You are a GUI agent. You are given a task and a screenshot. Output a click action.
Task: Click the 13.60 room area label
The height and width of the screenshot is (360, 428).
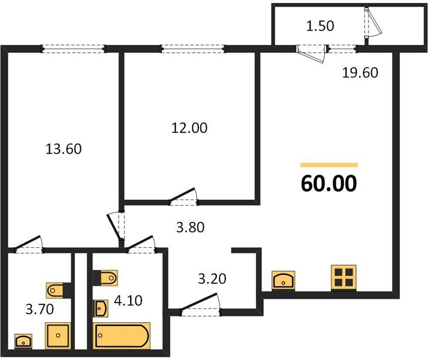(x=64, y=149)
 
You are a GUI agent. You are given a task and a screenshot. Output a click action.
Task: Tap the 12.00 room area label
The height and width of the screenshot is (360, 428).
(x=189, y=128)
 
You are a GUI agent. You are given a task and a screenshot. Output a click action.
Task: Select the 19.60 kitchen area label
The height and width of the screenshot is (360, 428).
(x=360, y=73)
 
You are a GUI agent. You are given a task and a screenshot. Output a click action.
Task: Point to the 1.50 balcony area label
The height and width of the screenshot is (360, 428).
(x=320, y=26)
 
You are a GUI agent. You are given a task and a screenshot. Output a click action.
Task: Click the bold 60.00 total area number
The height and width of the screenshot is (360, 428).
(x=329, y=183)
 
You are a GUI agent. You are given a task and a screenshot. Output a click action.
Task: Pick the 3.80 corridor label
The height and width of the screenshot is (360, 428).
(x=190, y=227)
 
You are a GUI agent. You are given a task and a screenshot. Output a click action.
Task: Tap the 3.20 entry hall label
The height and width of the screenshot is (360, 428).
(x=212, y=279)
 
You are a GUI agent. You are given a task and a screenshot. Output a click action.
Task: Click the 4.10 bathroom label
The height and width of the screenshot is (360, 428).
(x=128, y=301)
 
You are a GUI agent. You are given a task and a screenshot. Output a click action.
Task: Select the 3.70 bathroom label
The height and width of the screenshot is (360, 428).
(x=40, y=309)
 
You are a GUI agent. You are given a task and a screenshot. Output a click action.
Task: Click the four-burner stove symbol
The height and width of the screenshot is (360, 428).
(x=343, y=277)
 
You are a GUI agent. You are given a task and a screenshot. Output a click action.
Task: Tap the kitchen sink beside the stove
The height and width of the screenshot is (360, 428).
(x=284, y=280)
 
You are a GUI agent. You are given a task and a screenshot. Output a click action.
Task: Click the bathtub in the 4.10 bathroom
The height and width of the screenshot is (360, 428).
(x=122, y=335)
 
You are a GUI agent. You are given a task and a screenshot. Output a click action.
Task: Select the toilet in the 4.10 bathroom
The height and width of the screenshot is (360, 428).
(x=106, y=278)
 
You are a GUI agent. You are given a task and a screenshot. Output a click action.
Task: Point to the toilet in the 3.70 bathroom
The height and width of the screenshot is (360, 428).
(x=59, y=290)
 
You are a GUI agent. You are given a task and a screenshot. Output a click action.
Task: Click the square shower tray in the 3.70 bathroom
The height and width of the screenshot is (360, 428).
(x=58, y=335)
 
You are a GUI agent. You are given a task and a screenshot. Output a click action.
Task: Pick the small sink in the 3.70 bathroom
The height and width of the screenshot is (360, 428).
(x=23, y=341)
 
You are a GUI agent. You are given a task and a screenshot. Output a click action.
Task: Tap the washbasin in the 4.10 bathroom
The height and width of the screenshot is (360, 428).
(x=101, y=308)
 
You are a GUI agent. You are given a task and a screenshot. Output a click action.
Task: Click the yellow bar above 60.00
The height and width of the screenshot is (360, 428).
(x=329, y=165)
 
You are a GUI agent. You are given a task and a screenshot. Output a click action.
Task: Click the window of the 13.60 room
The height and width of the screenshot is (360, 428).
(x=73, y=49)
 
